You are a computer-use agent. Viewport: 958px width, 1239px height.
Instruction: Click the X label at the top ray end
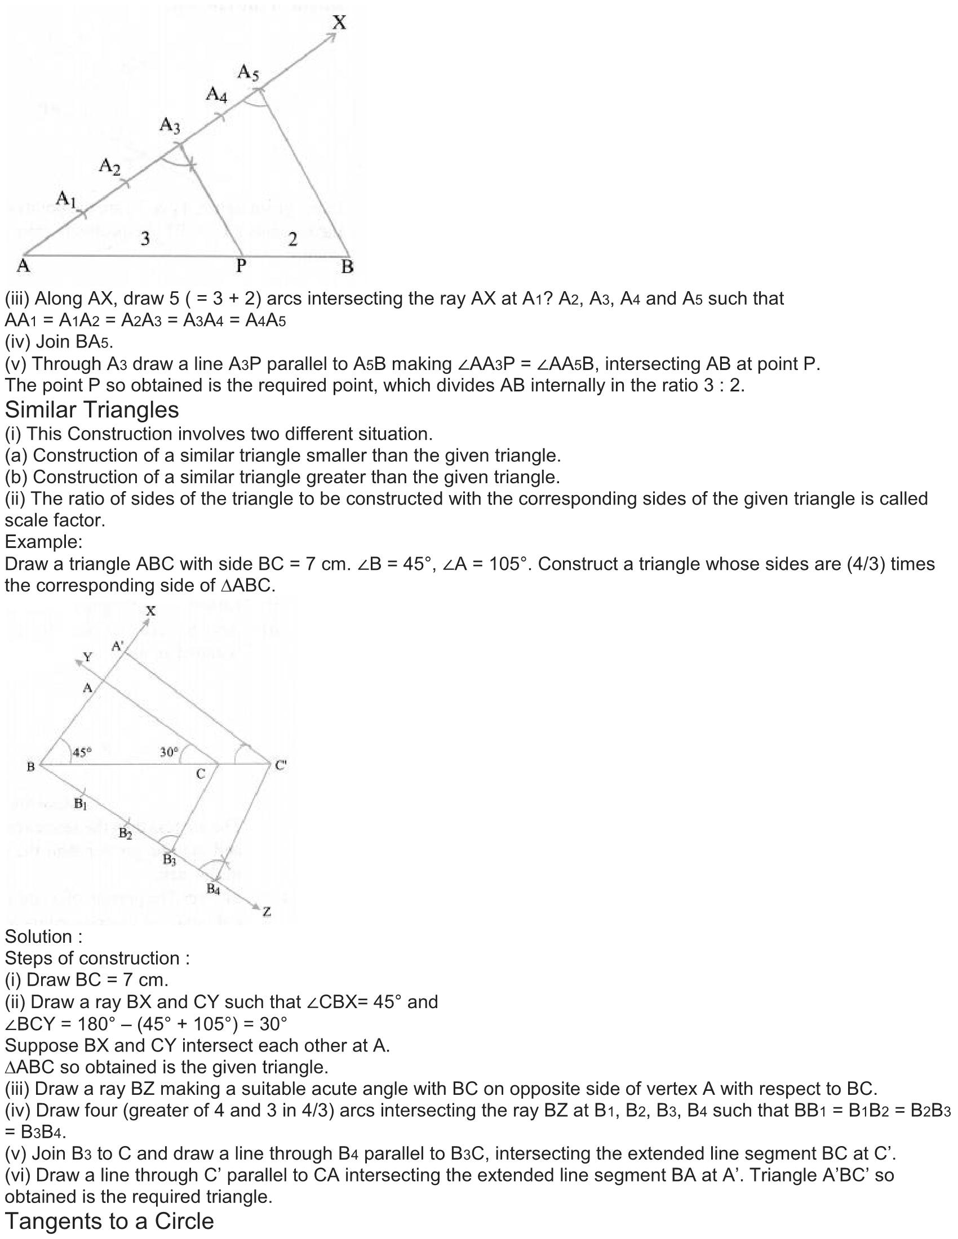coord(339,23)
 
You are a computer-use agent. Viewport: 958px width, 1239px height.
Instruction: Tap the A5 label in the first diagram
coord(248,72)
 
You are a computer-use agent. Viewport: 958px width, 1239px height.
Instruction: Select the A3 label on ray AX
coord(170,124)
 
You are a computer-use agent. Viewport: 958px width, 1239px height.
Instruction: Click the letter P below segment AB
coord(241,265)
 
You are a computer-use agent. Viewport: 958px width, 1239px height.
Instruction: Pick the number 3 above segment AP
coord(145,239)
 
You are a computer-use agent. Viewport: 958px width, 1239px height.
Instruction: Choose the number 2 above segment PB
coord(292,240)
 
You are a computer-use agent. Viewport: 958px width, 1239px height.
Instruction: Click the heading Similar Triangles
coord(92,409)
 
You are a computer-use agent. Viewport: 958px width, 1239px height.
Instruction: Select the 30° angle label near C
coord(169,752)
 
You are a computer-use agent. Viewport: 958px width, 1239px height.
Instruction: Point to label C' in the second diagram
coord(281,765)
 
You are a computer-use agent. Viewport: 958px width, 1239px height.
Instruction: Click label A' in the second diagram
coord(117,645)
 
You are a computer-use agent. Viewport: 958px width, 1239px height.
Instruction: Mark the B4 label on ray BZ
coord(214,888)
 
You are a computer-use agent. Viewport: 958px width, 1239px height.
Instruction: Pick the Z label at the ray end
coord(267,912)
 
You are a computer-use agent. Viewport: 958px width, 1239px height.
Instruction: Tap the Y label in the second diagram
coord(87,657)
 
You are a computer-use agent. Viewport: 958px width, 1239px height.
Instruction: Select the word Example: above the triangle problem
coord(44,542)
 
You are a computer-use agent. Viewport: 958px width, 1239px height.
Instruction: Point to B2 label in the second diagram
coord(126,834)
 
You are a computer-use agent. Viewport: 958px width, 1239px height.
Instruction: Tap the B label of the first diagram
coord(347,266)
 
